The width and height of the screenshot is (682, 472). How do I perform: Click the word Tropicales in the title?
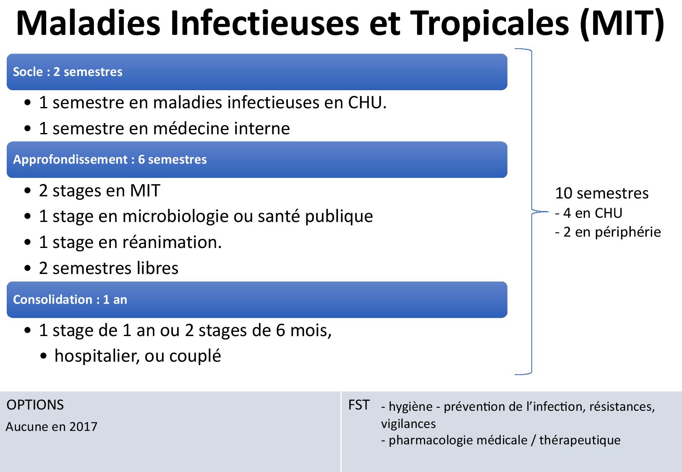click(x=490, y=24)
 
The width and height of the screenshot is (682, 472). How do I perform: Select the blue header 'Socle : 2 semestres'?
click(x=257, y=72)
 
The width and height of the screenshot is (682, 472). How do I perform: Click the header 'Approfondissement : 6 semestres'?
click(x=257, y=159)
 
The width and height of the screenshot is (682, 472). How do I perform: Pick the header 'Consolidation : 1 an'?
click(x=257, y=300)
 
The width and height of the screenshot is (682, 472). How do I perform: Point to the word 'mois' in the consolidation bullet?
click(x=311, y=331)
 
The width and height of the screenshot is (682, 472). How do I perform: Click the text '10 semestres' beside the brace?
click(x=602, y=193)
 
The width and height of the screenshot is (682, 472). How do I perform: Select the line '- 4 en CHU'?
click(x=588, y=213)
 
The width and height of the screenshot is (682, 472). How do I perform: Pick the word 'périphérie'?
click(x=628, y=232)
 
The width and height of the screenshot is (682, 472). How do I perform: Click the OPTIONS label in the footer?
click(x=35, y=405)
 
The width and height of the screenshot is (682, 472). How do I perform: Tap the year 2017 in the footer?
click(x=83, y=427)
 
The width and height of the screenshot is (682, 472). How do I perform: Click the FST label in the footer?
click(x=359, y=405)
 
